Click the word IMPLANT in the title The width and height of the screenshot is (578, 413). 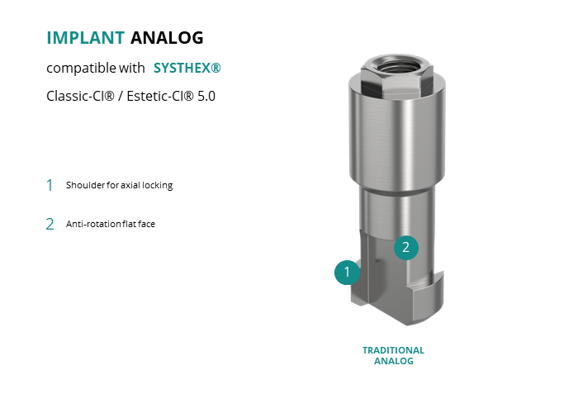pyautogui.click(x=86, y=38)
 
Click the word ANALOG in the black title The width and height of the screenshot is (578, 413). pyautogui.click(x=167, y=38)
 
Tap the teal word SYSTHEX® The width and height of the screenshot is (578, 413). pyautogui.click(x=187, y=68)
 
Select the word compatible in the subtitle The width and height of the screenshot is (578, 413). pyautogui.click(x=76, y=68)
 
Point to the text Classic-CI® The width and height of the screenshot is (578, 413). pyautogui.click(x=80, y=96)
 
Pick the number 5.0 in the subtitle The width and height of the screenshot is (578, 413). pyautogui.click(x=206, y=96)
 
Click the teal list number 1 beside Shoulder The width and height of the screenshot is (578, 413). pyautogui.click(x=50, y=185)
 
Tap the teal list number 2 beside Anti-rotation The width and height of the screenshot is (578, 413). pyautogui.click(x=50, y=224)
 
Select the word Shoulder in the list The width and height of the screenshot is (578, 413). pyautogui.click(x=86, y=185)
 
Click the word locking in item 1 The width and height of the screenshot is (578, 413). pyautogui.click(x=158, y=185)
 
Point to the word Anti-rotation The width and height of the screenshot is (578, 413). pyautogui.click(x=93, y=224)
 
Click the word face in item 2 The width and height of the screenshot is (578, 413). pyautogui.click(x=146, y=224)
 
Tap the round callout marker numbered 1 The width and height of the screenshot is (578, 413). pyautogui.click(x=347, y=272)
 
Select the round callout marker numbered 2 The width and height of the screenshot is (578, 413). pyautogui.click(x=406, y=248)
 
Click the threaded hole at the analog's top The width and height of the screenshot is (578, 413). pyautogui.click(x=397, y=66)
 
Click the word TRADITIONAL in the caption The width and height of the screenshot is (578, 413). pyautogui.click(x=393, y=350)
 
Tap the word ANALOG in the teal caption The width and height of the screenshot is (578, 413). pyautogui.click(x=394, y=361)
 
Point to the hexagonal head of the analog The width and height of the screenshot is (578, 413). pyautogui.click(x=397, y=76)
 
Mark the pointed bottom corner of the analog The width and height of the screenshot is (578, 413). pyautogui.click(x=407, y=325)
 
